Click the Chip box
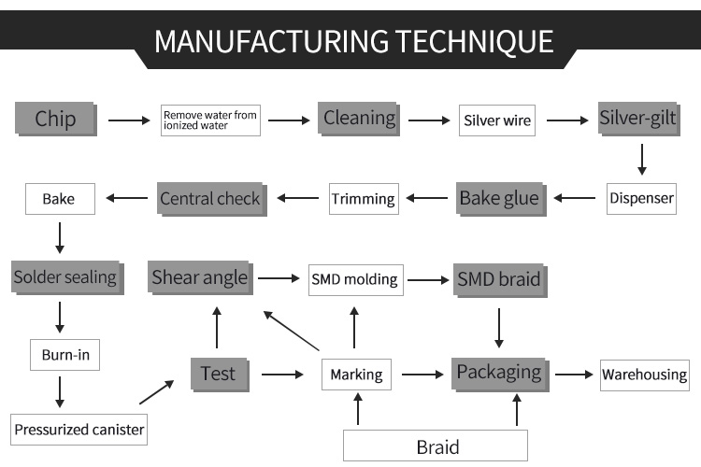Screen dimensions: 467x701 tap(56, 119)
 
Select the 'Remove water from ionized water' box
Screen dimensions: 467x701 tap(210, 120)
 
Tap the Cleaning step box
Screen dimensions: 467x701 tap(359, 119)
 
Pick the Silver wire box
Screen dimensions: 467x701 tap(497, 120)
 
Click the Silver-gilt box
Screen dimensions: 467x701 tap(637, 119)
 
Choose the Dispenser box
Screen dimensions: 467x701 tap(641, 198)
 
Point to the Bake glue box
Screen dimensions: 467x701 tap(499, 198)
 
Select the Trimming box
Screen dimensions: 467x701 tap(364, 199)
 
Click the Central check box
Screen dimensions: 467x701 tap(210, 198)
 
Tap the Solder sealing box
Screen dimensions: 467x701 tap(65, 276)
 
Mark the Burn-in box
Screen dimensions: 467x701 tap(64, 355)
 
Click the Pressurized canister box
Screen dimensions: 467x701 tap(79, 430)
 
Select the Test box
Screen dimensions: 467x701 tap(218, 374)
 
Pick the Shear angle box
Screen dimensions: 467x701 tap(200, 276)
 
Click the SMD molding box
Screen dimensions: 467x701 tap(355, 278)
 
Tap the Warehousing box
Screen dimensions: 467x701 tap(644, 375)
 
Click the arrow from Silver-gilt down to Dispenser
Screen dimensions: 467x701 tap(641, 159)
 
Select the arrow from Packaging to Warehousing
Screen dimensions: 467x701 tap(574, 375)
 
